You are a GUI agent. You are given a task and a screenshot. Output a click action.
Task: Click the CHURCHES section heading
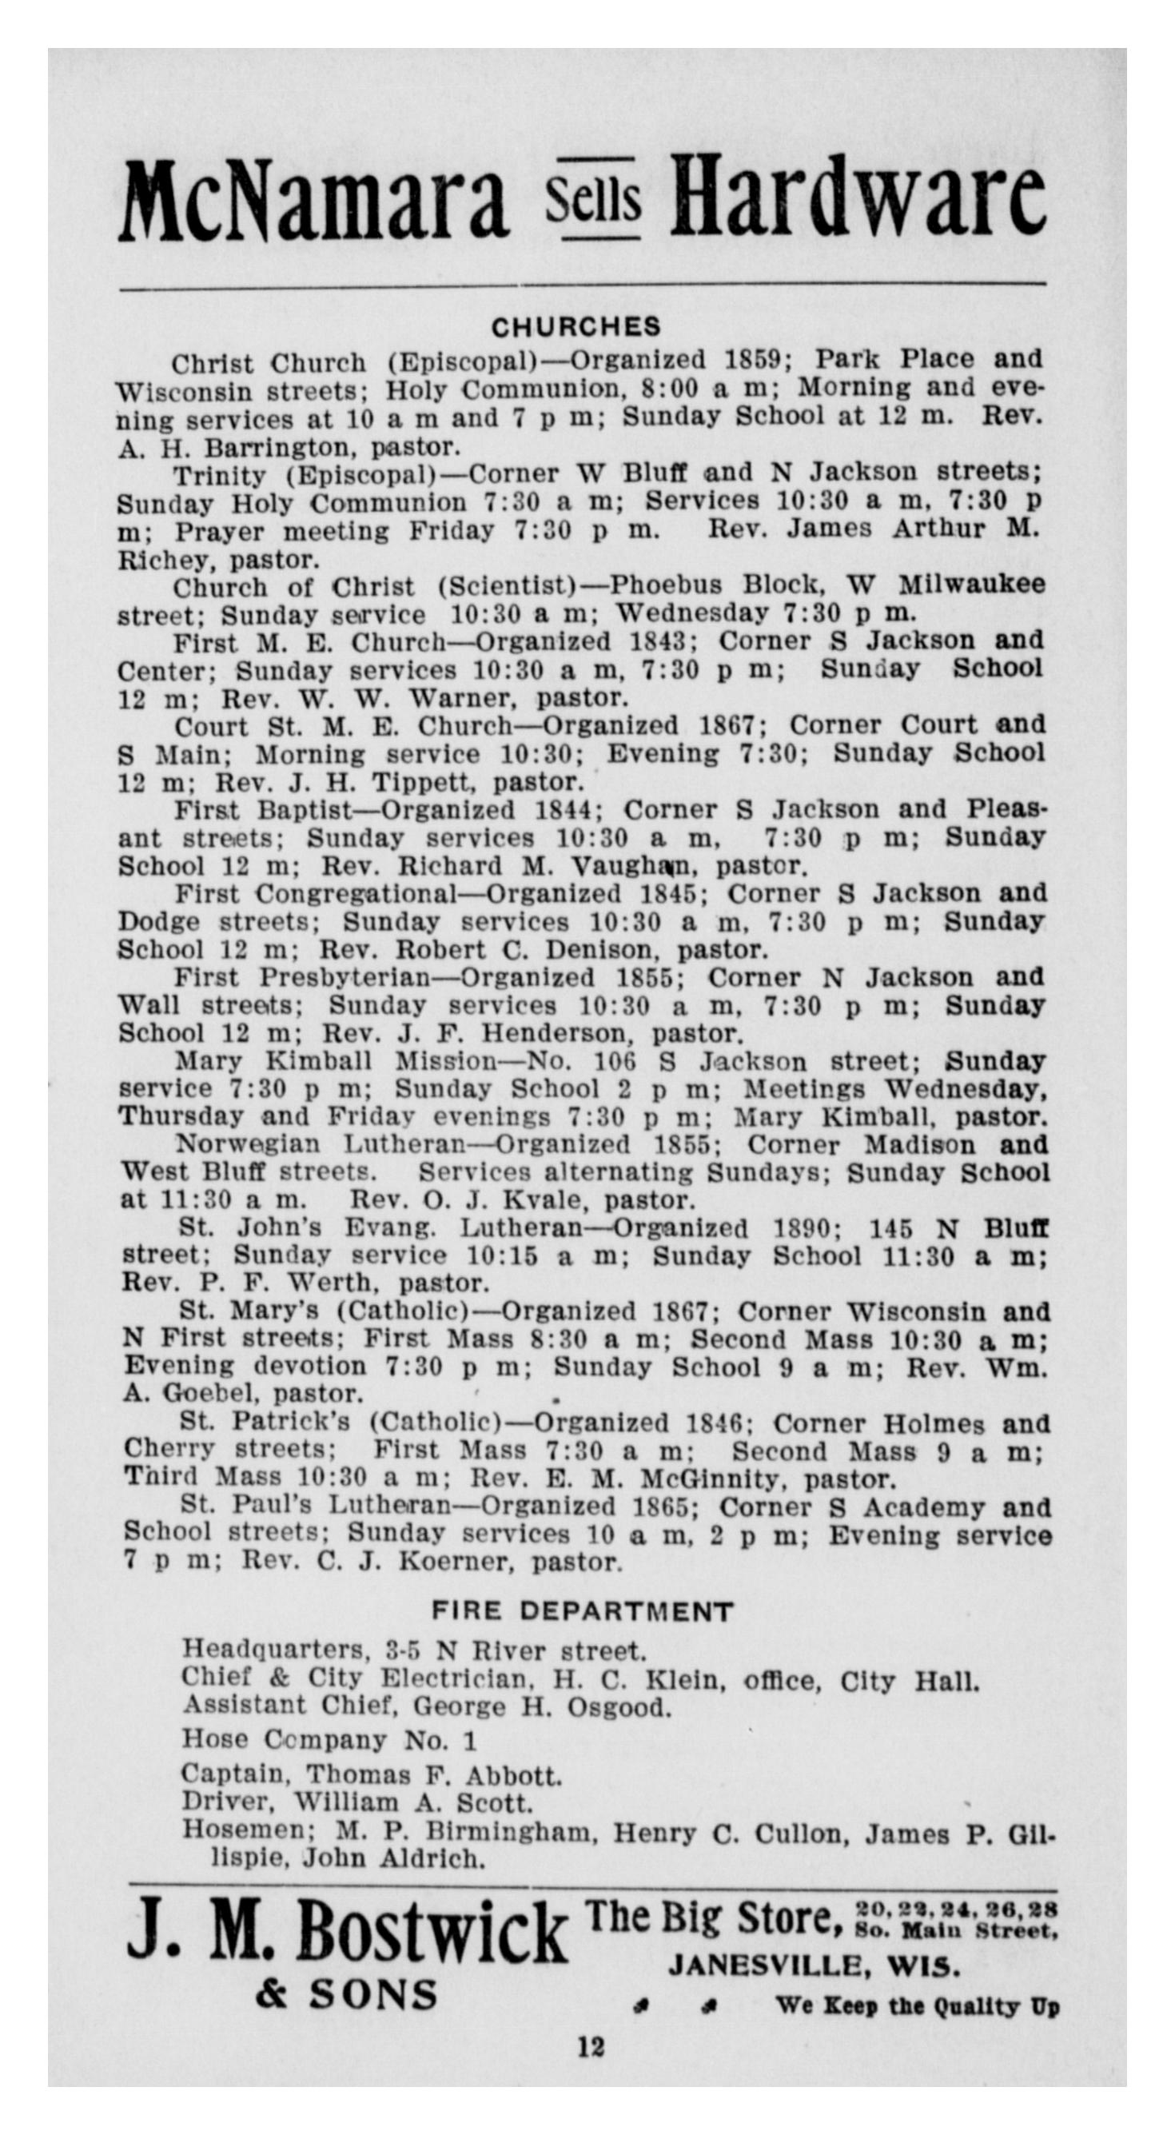click(577, 326)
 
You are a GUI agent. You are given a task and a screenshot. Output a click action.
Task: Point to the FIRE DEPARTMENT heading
click(583, 1612)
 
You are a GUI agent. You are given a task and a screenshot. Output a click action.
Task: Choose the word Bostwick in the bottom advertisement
click(432, 1931)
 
